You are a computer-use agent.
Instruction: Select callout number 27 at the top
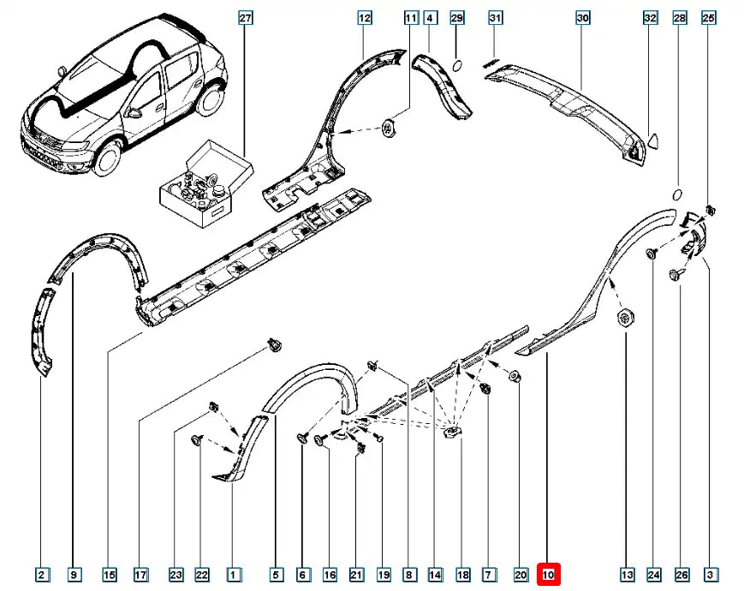pos(246,18)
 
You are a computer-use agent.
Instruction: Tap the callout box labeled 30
pos(583,18)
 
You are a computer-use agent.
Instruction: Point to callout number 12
pos(364,18)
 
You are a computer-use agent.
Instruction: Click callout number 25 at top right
pos(708,18)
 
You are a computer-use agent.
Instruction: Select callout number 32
pos(650,18)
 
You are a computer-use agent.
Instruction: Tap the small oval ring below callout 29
pos(456,65)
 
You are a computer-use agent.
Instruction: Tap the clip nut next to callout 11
pos(390,128)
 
